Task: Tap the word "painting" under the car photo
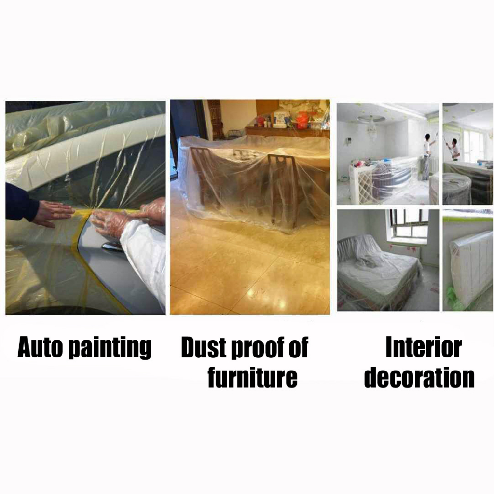click(110, 348)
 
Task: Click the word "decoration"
click(419, 377)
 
